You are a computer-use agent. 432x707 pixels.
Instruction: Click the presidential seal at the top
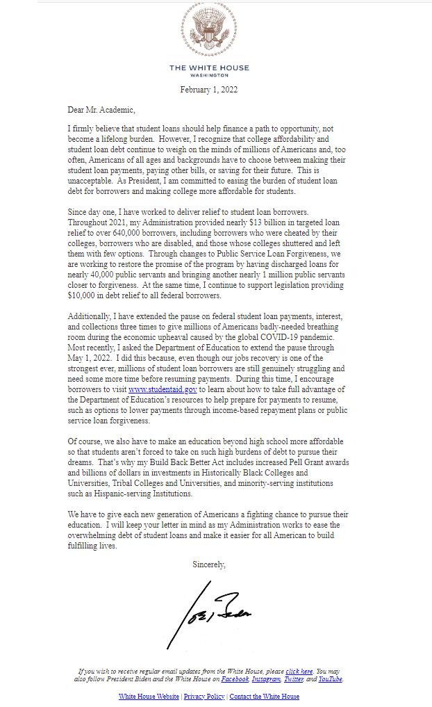[209, 30]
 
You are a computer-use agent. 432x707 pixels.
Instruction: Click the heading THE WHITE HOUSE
[209, 68]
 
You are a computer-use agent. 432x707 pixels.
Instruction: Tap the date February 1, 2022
[209, 90]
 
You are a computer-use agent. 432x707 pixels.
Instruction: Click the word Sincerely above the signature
[209, 564]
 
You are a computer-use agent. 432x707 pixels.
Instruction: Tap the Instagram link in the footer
[266, 679]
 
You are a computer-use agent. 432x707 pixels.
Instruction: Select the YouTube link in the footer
[330, 679]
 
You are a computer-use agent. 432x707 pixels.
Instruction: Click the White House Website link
[149, 696]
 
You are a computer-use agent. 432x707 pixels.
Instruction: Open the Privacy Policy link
[204, 696]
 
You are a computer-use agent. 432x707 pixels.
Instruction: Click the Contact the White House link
[264, 696]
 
